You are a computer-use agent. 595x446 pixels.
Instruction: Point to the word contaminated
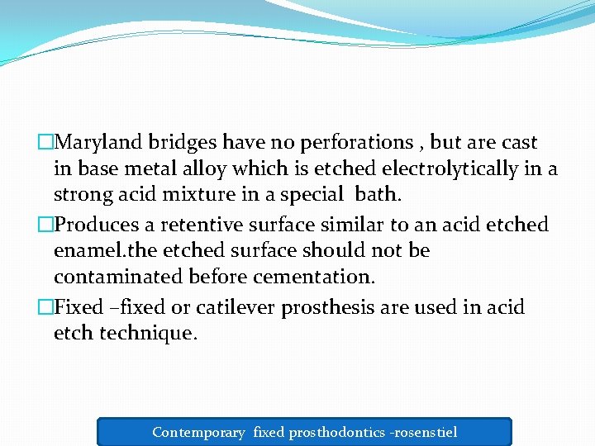(x=118, y=276)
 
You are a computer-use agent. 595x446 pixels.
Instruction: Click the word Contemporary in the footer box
(x=198, y=432)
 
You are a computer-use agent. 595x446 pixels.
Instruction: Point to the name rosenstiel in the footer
(x=428, y=432)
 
